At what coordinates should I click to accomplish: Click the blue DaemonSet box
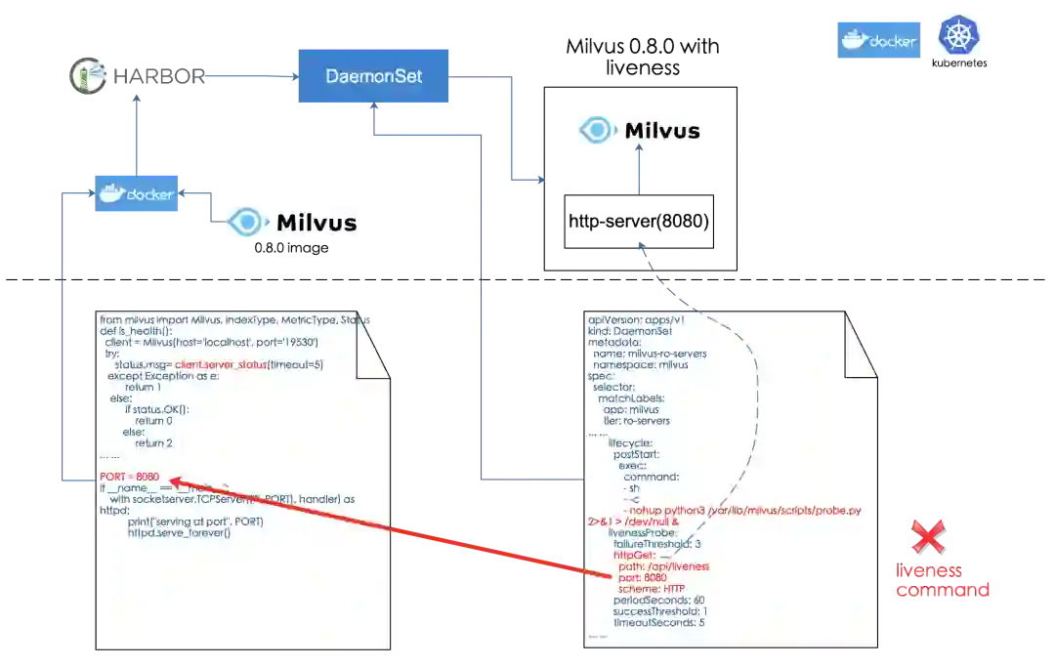pyautogui.click(x=374, y=75)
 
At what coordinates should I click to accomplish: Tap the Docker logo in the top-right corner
pyautogui.click(x=878, y=40)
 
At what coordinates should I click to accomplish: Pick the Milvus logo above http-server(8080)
pyautogui.click(x=637, y=130)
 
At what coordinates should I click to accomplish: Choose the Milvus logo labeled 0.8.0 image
pyautogui.click(x=288, y=223)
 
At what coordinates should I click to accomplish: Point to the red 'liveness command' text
pyautogui.click(x=944, y=581)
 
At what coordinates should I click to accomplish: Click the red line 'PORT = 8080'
pyautogui.click(x=129, y=477)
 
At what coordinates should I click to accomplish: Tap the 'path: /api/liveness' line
pyautogui.click(x=663, y=566)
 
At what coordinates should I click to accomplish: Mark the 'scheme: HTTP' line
pyautogui.click(x=652, y=589)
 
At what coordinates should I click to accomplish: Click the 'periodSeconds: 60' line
pyautogui.click(x=658, y=600)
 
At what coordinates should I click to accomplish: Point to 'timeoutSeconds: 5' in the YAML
pyautogui.click(x=658, y=622)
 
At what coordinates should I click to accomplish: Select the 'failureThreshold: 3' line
pyautogui.click(x=657, y=543)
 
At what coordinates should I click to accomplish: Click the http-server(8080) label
pyautogui.click(x=640, y=223)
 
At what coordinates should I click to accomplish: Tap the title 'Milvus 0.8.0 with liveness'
pyautogui.click(x=642, y=57)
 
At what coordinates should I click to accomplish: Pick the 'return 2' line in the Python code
pyautogui.click(x=153, y=442)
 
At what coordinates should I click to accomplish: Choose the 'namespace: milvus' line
pyautogui.click(x=641, y=364)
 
